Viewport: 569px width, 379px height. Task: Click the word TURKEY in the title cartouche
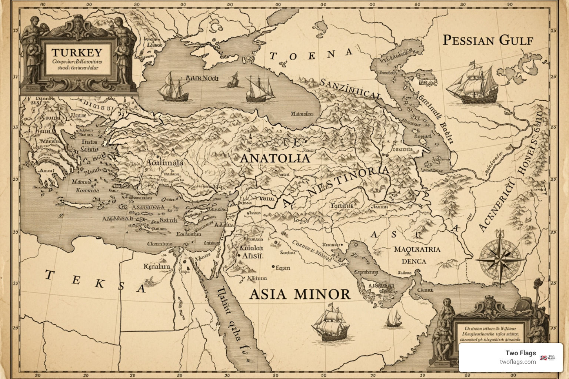pyautogui.click(x=77, y=53)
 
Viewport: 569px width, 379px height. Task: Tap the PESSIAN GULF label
pyautogui.click(x=488, y=40)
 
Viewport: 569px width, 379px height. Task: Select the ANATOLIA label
pyautogui.click(x=275, y=158)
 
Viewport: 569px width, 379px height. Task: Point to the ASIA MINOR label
pyautogui.click(x=299, y=294)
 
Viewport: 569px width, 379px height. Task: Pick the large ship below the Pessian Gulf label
pyautogui.click(x=471, y=83)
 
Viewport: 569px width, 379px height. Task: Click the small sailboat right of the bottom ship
pyautogui.click(x=393, y=319)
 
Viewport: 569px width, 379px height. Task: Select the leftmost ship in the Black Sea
pyautogui.click(x=172, y=87)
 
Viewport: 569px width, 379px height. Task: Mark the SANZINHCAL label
pyautogui.click(x=350, y=89)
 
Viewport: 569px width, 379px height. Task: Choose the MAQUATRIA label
pyautogui.click(x=417, y=249)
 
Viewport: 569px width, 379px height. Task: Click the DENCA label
pyautogui.click(x=414, y=261)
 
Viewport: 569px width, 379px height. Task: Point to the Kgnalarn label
pyautogui.click(x=157, y=266)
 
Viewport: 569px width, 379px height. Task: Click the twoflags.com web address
pyautogui.click(x=518, y=362)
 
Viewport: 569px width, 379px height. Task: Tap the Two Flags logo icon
pyautogui.click(x=549, y=358)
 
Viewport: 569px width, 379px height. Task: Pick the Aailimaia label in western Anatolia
pyautogui.click(x=165, y=162)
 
